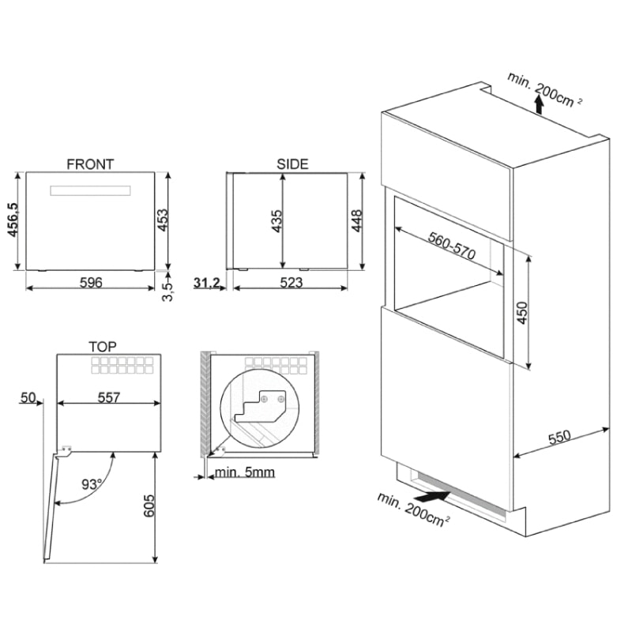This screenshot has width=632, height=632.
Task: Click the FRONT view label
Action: pyautogui.click(x=90, y=164)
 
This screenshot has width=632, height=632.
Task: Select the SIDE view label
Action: pyautogui.click(x=292, y=164)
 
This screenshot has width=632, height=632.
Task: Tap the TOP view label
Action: pyautogui.click(x=103, y=347)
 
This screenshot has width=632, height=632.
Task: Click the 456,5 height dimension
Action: pyautogui.click(x=13, y=222)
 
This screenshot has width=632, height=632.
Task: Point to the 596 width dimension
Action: pyautogui.click(x=92, y=283)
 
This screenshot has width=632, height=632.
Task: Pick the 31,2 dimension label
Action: pyautogui.click(x=206, y=283)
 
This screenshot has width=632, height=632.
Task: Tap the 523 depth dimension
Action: pyautogui.click(x=291, y=283)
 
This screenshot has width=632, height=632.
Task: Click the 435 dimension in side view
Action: pyautogui.click(x=276, y=222)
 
